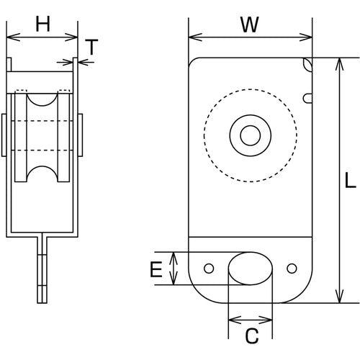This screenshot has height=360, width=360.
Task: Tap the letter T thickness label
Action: pos(91,48)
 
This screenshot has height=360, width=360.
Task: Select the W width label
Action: pos(249,24)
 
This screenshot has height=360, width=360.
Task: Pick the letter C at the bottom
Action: pos(251,335)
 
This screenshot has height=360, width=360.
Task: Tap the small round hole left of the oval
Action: pos(209,269)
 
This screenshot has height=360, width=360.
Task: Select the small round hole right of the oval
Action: pos(292,269)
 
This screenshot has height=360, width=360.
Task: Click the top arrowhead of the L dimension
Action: pos(338,63)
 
